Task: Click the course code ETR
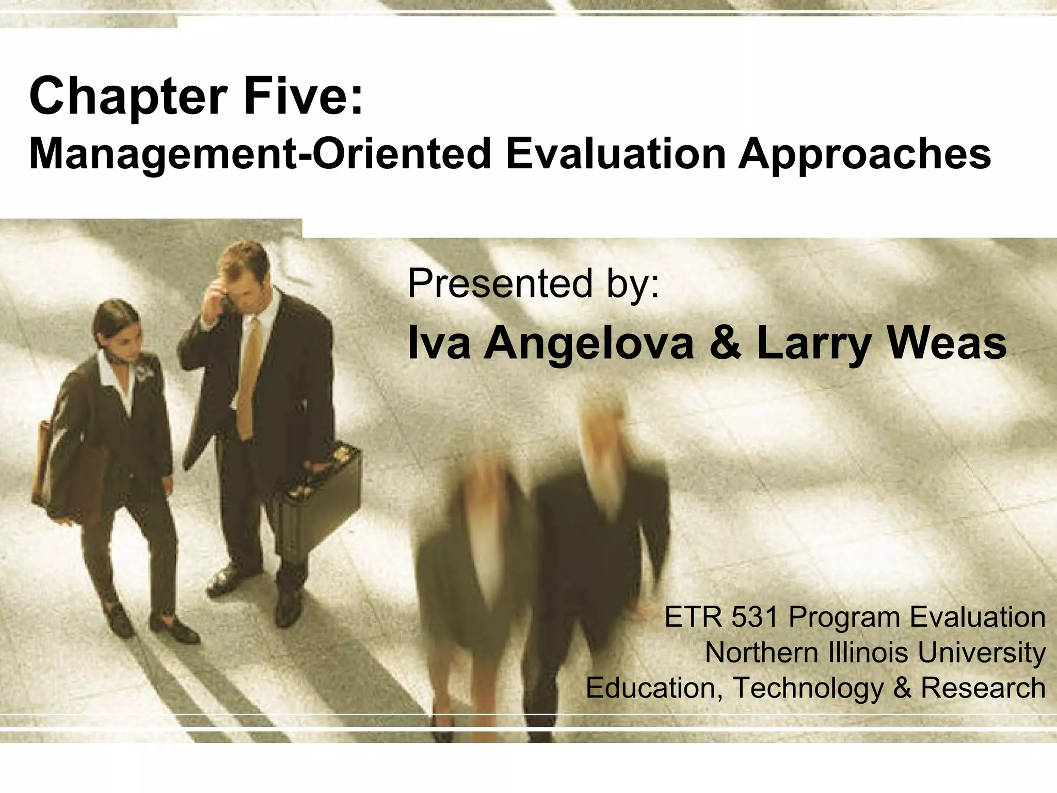[x=693, y=617]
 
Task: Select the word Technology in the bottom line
[x=807, y=688]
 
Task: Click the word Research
[x=983, y=688]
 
